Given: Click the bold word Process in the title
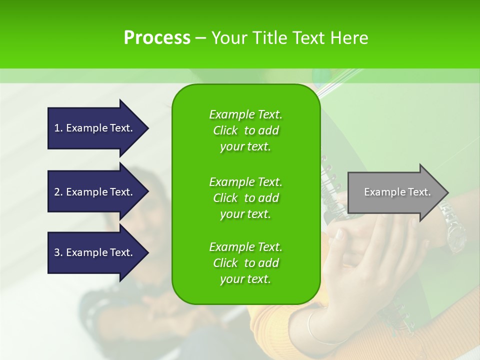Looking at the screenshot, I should tap(157, 38).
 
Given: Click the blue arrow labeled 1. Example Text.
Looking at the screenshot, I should tap(95, 128).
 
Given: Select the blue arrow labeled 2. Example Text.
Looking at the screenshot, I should tap(95, 192).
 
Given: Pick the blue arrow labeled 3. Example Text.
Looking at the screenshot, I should tap(95, 252).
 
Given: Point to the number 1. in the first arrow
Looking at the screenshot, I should tap(58, 128).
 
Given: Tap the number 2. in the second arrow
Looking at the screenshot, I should tap(58, 192).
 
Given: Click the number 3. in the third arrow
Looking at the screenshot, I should tap(58, 252).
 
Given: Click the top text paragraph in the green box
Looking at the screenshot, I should tap(245, 130).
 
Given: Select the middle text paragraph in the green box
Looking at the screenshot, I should tap(245, 198).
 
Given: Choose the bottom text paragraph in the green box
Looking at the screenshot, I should tap(245, 263).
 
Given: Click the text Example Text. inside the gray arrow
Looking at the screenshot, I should tap(397, 192).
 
